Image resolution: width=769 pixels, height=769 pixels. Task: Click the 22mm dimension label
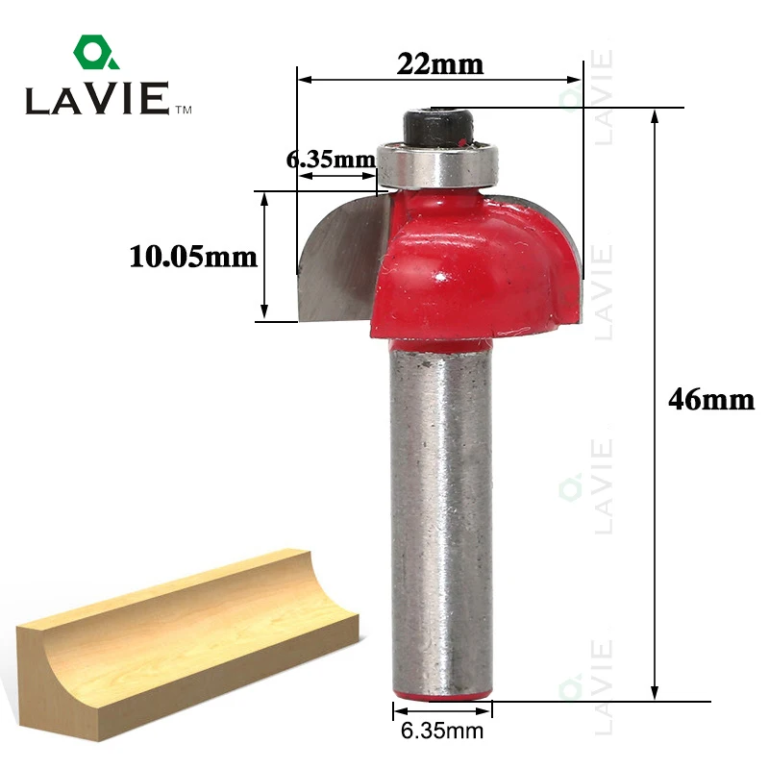click(x=440, y=64)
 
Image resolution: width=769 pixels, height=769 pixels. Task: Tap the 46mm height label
click(x=711, y=399)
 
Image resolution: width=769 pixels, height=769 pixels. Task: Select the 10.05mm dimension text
click(x=193, y=257)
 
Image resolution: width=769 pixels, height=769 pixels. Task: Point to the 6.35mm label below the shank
click(x=442, y=731)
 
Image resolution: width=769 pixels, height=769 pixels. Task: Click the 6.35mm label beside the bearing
click(x=331, y=160)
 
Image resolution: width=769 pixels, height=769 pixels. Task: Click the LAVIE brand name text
click(x=98, y=99)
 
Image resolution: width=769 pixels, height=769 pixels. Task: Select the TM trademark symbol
click(x=184, y=110)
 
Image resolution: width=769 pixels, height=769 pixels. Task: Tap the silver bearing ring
click(x=438, y=164)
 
